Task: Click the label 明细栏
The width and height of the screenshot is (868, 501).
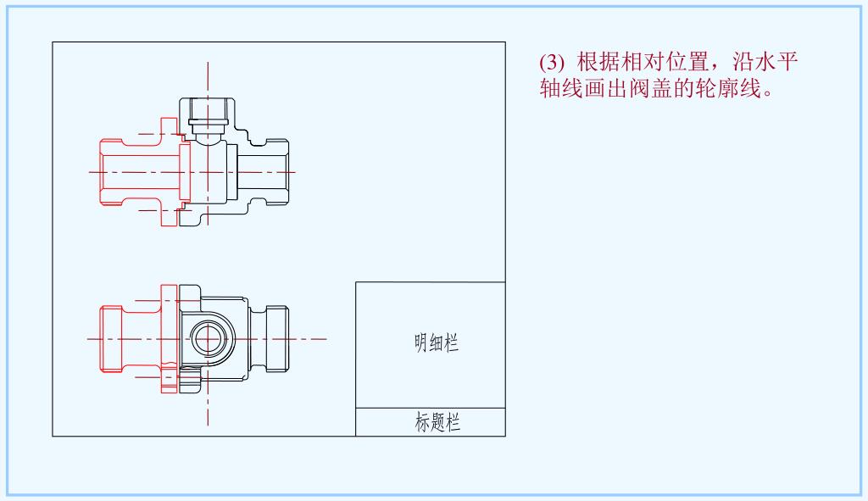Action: click(x=437, y=343)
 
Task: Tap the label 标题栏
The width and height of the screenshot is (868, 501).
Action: click(x=437, y=422)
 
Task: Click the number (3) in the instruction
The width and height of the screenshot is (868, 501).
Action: click(x=551, y=63)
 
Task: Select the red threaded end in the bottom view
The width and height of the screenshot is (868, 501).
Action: click(x=111, y=338)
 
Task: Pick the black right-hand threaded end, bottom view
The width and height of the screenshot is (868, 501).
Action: click(x=278, y=338)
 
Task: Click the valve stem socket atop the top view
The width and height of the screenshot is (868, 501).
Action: click(x=208, y=114)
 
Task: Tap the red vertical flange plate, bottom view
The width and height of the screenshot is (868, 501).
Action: click(x=169, y=338)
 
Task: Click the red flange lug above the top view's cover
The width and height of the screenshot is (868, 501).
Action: click(x=168, y=127)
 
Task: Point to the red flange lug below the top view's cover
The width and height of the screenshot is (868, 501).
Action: click(x=168, y=216)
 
